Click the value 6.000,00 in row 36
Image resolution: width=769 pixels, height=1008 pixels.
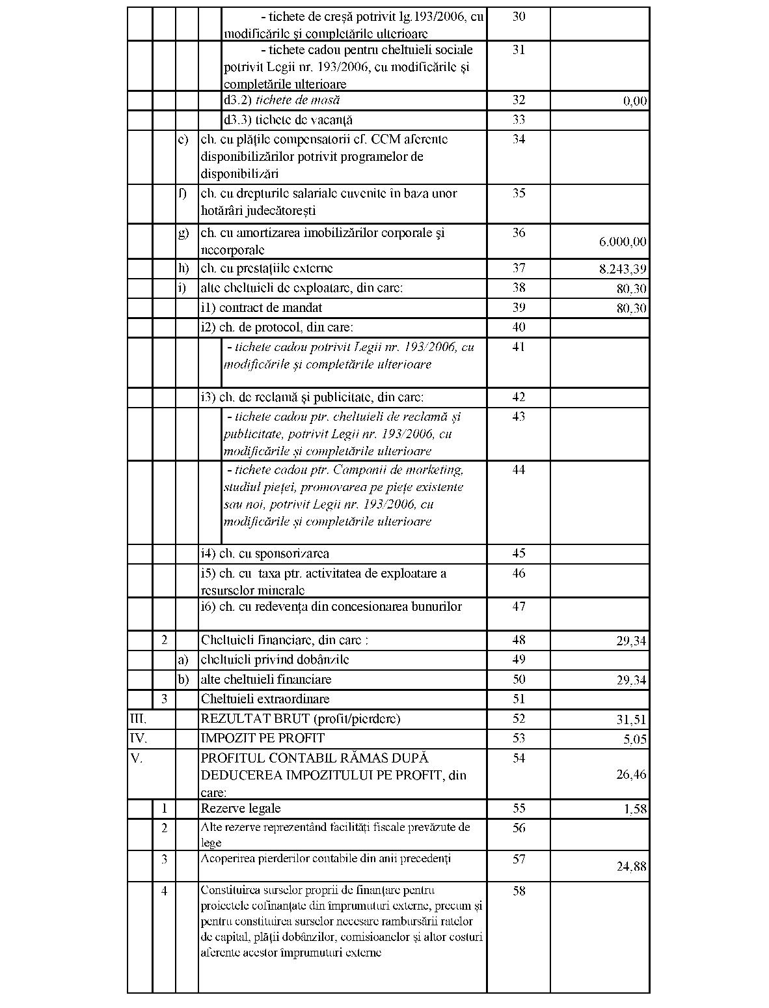(623, 242)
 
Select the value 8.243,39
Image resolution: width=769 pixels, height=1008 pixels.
(623, 269)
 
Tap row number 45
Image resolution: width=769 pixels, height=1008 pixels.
(519, 553)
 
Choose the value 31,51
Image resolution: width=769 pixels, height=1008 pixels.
(632, 720)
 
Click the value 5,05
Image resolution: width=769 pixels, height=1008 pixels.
(634, 739)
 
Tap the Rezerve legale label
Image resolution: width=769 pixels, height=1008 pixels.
(241, 809)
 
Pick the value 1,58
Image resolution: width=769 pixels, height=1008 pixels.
(634, 809)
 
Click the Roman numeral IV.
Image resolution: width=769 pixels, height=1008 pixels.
(138, 738)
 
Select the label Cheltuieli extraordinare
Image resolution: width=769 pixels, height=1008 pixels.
(265, 699)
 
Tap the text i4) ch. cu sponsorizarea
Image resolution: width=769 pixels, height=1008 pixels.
(265, 554)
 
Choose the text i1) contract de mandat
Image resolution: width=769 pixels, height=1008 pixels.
(262, 308)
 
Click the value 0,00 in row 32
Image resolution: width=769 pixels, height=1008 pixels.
(634, 101)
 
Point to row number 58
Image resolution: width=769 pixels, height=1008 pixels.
(519, 891)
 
